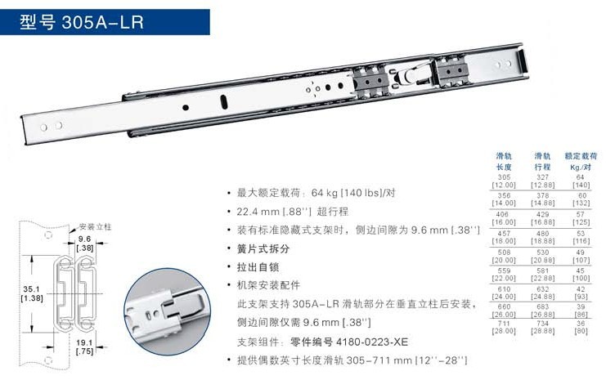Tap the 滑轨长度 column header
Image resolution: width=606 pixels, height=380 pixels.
[x=505, y=160]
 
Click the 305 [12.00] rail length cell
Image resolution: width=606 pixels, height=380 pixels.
[x=504, y=180]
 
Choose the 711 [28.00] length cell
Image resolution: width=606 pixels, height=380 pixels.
[x=504, y=329]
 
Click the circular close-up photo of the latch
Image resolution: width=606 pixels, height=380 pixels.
[x=170, y=306]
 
